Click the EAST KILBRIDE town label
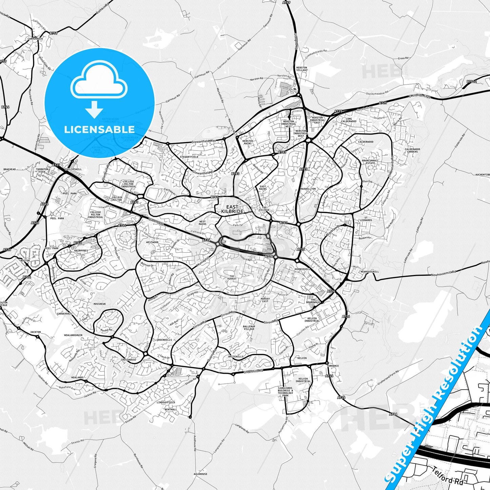pyautogui.click(x=232, y=209)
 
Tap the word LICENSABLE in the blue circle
pyautogui.click(x=99, y=129)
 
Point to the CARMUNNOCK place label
pyautogui.click(x=35, y=39)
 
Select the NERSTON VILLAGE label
pyautogui.click(x=301, y=69)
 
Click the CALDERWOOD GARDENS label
pyautogui.click(x=412, y=150)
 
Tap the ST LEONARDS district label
pyautogui.click(x=368, y=219)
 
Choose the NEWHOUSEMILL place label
pyautogui.click(x=370, y=272)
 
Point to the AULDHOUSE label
pyautogui.click(x=200, y=474)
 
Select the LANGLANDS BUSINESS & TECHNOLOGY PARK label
pyautogui.click(x=285, y=392)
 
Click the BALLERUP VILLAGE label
pyautogui.click(x=249, y=328)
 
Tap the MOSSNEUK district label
pyautogui.click(x=100, y=304)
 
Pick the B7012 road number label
pyautogui.click(x=471, y=82)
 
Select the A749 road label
pyautogui.click(x=287, y=2)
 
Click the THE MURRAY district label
pyautogui.click(x=232, y=277)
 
